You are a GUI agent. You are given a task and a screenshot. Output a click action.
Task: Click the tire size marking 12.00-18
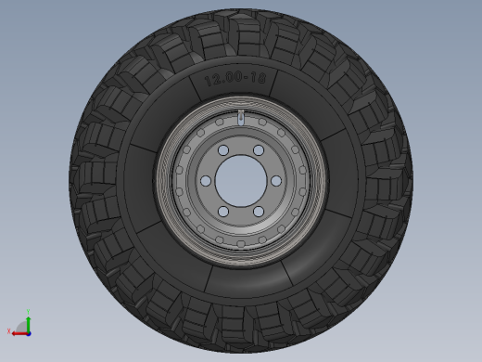(235, 81)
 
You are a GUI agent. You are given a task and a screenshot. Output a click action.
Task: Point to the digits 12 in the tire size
(212, 81)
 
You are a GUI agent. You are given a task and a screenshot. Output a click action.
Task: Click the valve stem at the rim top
(241, 118)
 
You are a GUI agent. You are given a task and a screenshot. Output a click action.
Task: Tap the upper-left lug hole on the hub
(223, 150)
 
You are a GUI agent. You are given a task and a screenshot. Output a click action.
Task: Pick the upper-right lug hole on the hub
(259, 150)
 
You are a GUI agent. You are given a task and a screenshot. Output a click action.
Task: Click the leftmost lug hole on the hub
(206, 181)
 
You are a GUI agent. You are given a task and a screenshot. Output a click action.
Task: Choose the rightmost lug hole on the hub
(276, 181)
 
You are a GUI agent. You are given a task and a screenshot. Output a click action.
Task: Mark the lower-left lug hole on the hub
(223, 212)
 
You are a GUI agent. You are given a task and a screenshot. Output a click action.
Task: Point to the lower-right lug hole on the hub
(259, 212)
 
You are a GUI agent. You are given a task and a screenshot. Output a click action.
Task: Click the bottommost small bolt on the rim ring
(241, 244)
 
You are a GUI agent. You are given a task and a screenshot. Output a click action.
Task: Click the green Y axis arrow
(29, 321)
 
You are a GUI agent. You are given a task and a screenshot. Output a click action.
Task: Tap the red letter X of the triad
(9, 330)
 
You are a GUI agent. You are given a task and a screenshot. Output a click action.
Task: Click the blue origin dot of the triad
(29, 332)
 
